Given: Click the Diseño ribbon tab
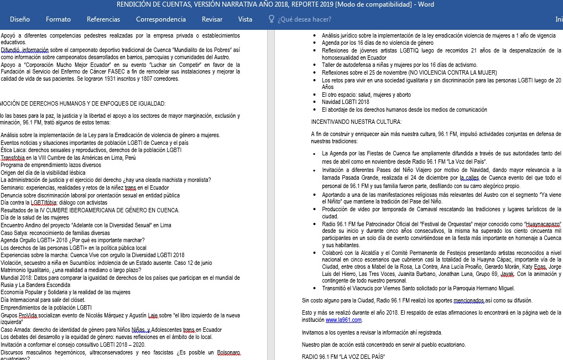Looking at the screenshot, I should tap(20, 19).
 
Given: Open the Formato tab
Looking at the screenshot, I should tap(58, 19).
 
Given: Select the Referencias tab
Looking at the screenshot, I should tap(103, 19).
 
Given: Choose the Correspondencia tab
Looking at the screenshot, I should tap(161, 19).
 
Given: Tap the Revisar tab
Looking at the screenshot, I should tap(212, 19).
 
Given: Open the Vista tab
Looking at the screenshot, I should tap(245, 19).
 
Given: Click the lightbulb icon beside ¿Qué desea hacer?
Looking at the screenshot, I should tap(271, 19).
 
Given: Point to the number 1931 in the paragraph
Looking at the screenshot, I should tap(124, 79).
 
